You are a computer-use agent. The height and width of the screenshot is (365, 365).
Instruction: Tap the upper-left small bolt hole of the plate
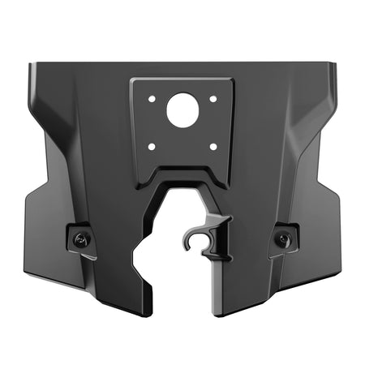pos(151,99)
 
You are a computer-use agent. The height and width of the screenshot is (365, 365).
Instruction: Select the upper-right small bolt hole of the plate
pos(213,99)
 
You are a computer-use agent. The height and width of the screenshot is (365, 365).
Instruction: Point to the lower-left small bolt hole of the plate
pos(151,147)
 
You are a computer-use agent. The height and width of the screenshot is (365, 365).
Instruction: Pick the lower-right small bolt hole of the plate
pos(213,147)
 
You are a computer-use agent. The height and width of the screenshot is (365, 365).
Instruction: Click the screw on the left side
pos(81,238)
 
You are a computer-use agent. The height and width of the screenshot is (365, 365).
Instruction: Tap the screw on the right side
pos(282,238)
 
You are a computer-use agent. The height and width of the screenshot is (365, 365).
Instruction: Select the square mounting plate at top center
pos(182,122)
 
